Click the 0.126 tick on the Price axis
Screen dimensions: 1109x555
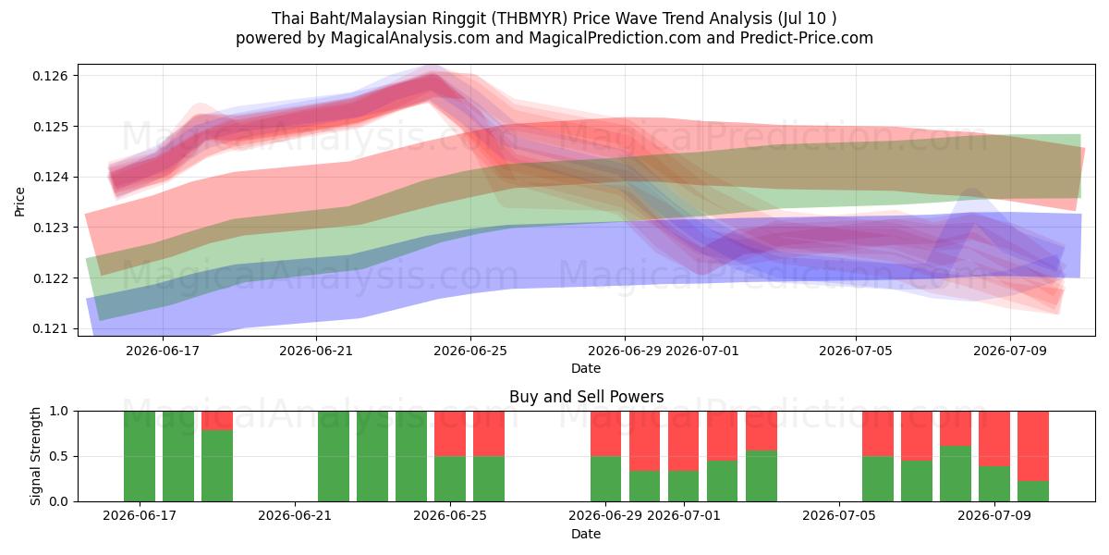pyautogui.click(x=50, y=76)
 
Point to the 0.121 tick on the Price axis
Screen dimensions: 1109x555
pyautogui.click(x=50, y=328)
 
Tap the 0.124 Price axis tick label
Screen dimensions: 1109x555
pyautogui.click(x=50, y=177)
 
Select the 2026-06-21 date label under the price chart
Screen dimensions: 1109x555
pyautogui.click(x=316, y=351)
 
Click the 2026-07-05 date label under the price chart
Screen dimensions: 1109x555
pyautogui.click(x=856, y=351)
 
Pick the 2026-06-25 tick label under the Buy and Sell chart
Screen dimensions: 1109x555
pyautogui.click(x=450, y=515)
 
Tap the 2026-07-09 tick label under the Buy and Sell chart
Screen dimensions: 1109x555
pyautogui.click(x=994, y=515)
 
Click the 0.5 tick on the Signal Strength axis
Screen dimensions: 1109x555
pyautogui.click(x=59, y=456)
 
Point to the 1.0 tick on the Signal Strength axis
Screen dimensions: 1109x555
pyautogui.click(x=59, y=412)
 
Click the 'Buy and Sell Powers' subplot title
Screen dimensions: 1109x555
pyautogui.click(x=586, y=397)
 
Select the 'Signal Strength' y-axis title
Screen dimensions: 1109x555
pyautogui.click(x=35, y=456)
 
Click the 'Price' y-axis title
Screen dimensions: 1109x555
pyautogui.click(x=19, y=202)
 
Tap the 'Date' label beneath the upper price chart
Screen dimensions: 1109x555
pyautogui.click(x=586, y=368)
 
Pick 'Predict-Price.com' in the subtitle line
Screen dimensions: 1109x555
pyautogui.click(x=807, y=38)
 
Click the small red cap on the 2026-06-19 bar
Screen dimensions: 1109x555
pyautogui.click(x=217, y=421)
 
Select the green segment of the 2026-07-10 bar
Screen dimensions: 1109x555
pyautogui.click(x=1033, y=491)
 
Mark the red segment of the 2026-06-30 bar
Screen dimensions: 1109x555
pyautogui.click(x=645, y=441)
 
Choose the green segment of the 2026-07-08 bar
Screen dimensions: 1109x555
pyautogui.click(x=956, y=474)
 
